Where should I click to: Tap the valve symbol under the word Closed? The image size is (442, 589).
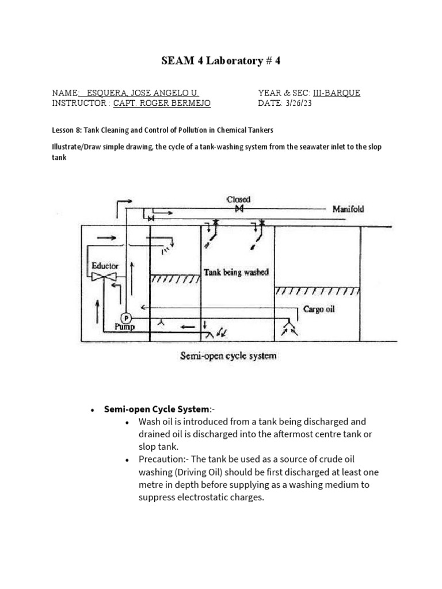238,209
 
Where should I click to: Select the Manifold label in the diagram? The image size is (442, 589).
348,209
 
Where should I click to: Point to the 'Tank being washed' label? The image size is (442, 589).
236,272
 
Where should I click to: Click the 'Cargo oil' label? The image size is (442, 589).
319,309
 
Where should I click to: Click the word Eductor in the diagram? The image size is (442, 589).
105,266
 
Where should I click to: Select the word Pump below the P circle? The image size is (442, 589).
124,327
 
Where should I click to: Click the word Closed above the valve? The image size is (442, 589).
238,199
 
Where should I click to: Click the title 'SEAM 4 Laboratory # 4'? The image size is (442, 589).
221,62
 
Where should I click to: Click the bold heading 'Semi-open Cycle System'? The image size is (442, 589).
155,410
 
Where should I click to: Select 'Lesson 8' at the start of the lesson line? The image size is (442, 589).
67,131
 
